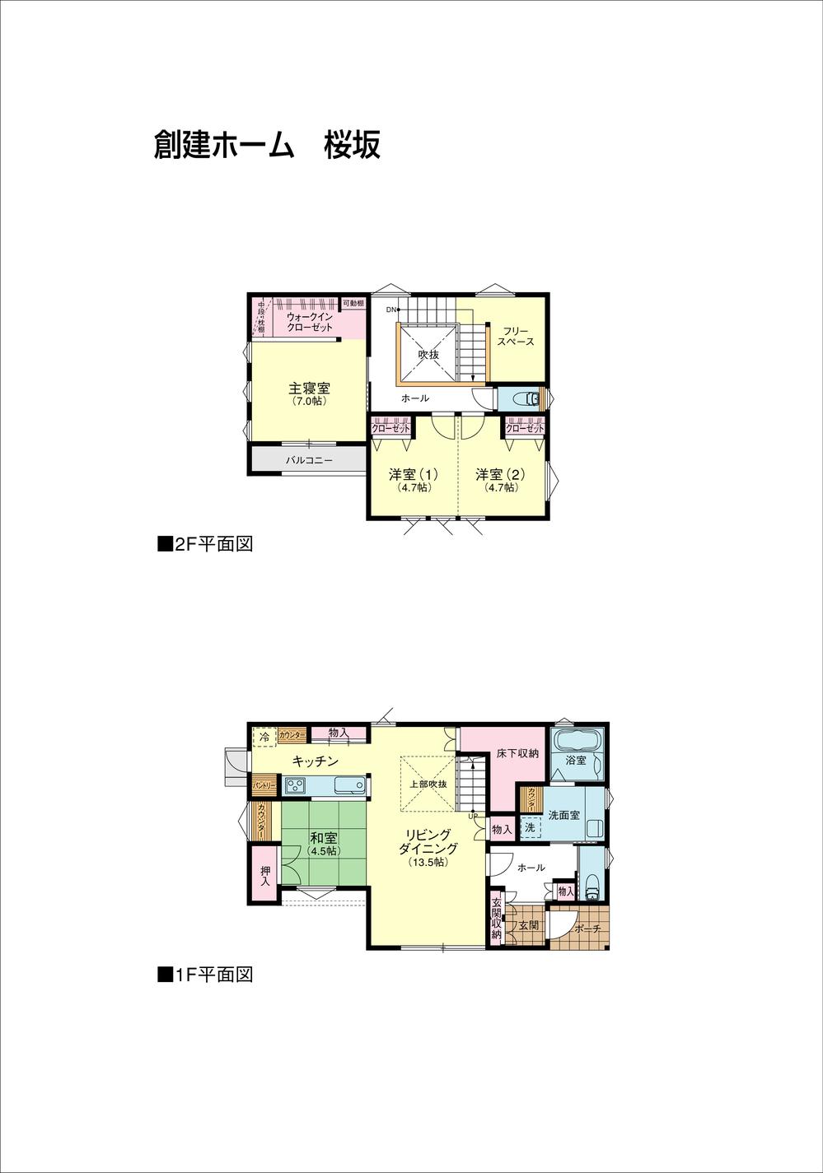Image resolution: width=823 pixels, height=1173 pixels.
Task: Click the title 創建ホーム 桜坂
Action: coord(267,145)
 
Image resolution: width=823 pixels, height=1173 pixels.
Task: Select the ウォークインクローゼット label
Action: coord(310,321)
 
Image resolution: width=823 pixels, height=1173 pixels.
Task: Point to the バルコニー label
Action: coord(309,460)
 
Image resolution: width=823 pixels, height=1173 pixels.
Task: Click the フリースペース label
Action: coord(516,335)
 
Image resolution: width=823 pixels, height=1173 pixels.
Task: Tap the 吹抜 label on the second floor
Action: coord(428,355)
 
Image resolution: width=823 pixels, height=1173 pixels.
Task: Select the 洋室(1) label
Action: coord(413,475)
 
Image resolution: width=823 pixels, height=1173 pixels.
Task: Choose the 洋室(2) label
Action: coord(499,475)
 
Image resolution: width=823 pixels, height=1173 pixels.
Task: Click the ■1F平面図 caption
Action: coord(204,975)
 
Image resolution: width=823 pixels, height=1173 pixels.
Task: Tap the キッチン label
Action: coord(315,761)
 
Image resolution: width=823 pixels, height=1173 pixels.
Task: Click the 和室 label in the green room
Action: coord(323,839)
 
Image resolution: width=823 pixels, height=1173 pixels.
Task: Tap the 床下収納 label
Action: coord(517,753)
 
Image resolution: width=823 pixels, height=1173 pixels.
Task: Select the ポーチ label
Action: coord(587,928)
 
